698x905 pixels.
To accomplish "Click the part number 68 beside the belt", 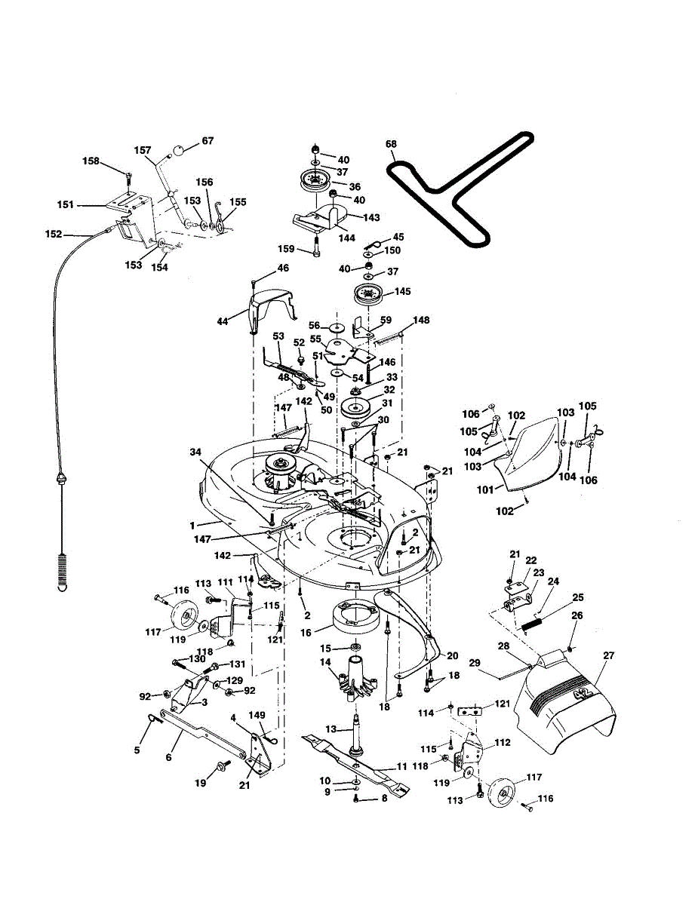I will coord(390,143).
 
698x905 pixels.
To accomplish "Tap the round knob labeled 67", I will coord(180,150).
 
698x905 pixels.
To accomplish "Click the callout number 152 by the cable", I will coord(54,234).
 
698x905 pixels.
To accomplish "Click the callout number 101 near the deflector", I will coord(485,489).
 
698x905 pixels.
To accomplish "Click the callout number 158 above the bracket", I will coord(91,161).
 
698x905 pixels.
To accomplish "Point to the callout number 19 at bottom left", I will coord(199,784).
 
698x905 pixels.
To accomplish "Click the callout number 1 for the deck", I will coord(192,524).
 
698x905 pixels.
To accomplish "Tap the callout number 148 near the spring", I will coord(421,320).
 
